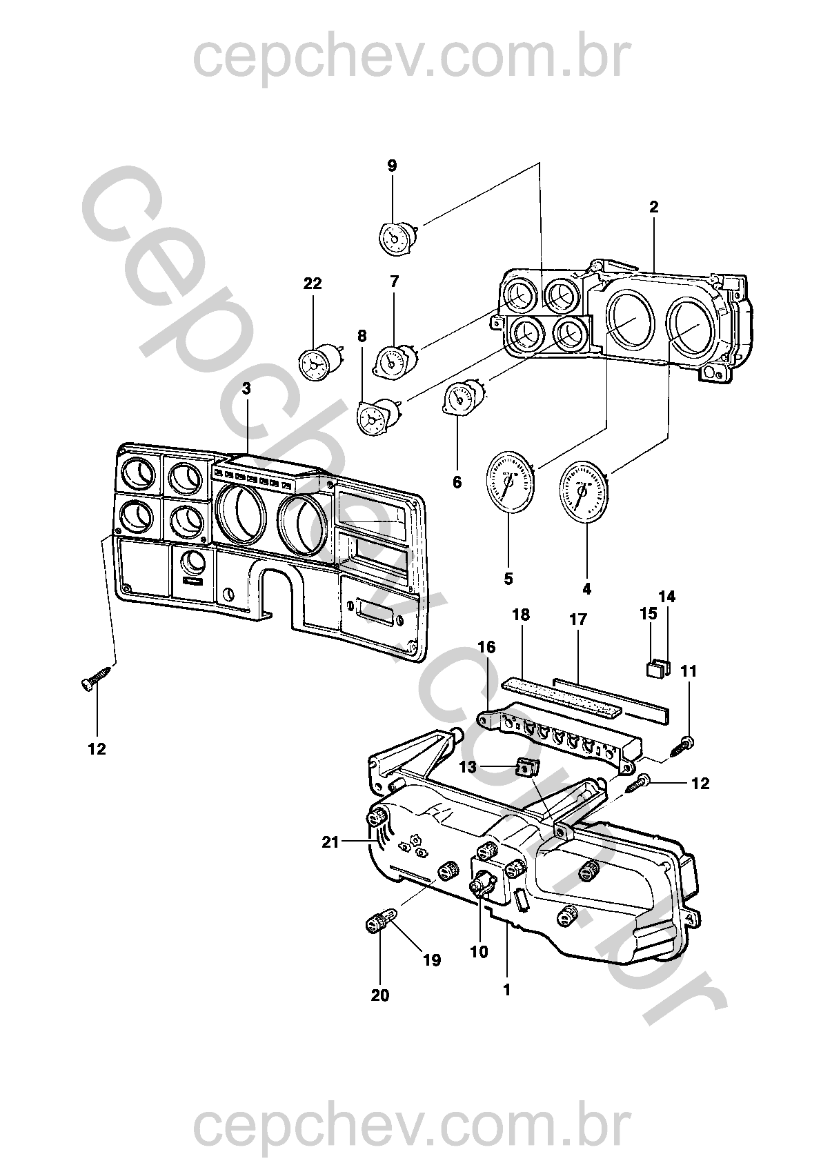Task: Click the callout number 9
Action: pyautogui.click(x=392, y=166)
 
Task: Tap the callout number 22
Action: pyautogui.click(x=313, y=283)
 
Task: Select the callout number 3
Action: pyautogui.click(x=246, y=389)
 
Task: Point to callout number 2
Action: pyautogui.click(x=653, y=207)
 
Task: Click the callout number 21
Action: pyautogui.click(x=330, y=844)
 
